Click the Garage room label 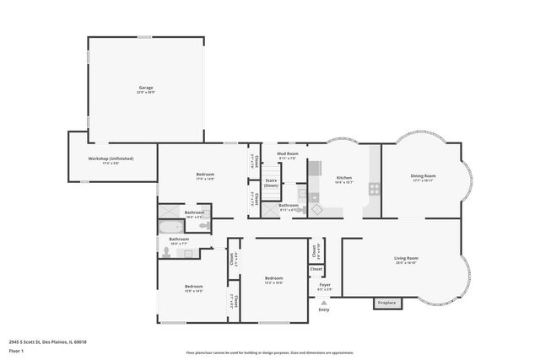tap(145, 88)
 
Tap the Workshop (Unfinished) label tap(111, 159)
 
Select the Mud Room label tap(288, 154)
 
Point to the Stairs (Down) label tap(271, 183)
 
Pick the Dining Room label tap(423, 177)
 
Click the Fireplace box tap(386, 302)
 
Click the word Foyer tap(324, 286)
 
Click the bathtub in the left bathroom tap(170, 226)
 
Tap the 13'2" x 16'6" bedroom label tap(273, 279)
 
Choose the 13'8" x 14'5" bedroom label tap(194, 287)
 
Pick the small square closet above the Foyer tap(316, 269)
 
